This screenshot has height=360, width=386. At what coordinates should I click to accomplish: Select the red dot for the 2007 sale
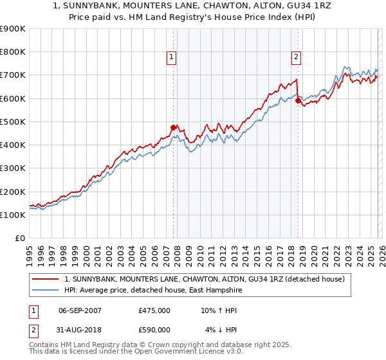tap(173, 127)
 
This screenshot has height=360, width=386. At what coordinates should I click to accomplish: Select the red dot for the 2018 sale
tap(298, 100)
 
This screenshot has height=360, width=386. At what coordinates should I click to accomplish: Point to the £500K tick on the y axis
tap(13, 122)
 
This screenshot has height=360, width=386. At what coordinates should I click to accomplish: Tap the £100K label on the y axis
tap(13, 215)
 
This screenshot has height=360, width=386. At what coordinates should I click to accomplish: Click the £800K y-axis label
tap(13, 52)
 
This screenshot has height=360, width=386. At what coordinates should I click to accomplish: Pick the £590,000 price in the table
tap(154, 330)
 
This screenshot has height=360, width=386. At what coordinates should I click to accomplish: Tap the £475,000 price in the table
tap(154, 310)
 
